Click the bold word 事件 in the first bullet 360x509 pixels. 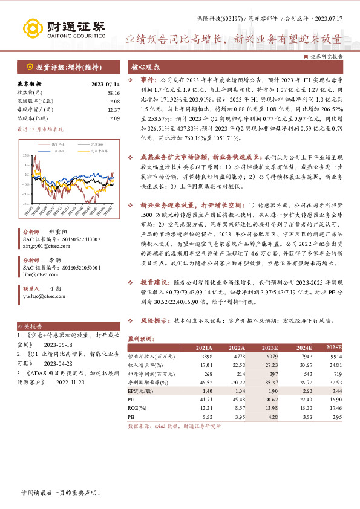147,79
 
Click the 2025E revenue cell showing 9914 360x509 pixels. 334,357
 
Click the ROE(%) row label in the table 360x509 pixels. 138,408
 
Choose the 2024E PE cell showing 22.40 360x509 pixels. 301,400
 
